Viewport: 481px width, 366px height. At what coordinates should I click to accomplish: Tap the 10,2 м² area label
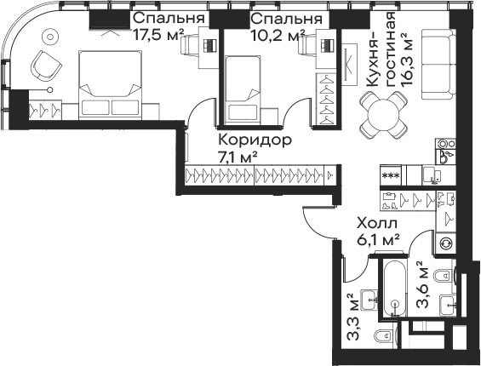coord(277,35)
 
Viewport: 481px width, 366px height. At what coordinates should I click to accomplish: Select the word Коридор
coord(255,140)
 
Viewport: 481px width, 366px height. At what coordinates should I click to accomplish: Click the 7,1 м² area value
coord(238,157)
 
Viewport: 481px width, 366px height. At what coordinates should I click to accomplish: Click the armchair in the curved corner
coord(46,63)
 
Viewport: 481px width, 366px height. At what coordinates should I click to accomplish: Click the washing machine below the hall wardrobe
coord(445,241)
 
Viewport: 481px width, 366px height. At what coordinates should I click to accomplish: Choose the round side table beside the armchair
coord(48,37)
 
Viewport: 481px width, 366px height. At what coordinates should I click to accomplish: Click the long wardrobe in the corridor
coord(261,176)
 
